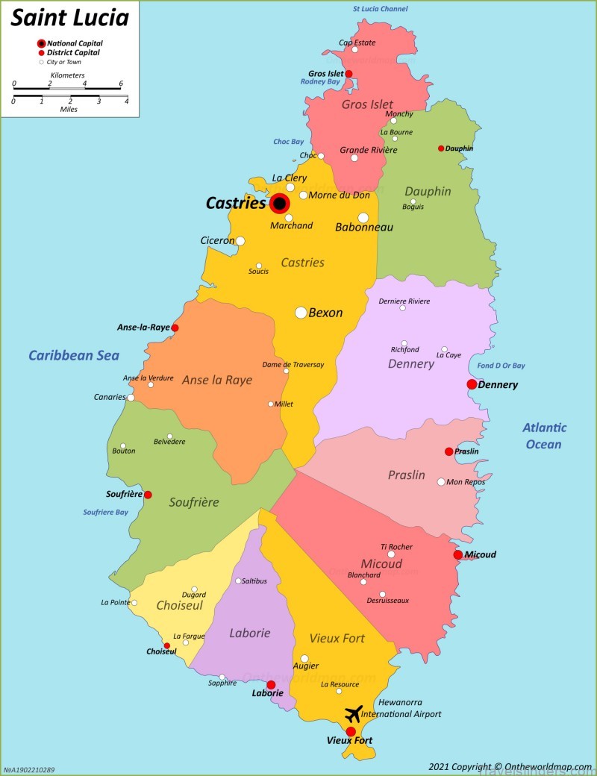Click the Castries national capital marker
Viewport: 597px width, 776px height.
coord(279,203)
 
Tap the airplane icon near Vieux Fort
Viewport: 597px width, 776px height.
coord(354,713)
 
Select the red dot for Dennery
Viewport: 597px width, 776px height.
coord(472,384)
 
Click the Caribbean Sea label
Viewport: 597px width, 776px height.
coord(74,355)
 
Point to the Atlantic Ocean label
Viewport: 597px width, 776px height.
coord(544,436)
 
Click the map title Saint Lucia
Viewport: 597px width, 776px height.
coord(69,17)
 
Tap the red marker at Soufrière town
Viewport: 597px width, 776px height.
coord(148,495)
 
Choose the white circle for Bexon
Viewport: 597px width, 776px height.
coord(301,313)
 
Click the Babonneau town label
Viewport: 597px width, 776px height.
coord(364,227)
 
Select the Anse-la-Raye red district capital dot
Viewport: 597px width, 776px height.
coord(175,328)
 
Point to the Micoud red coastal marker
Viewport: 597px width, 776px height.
coord(457,554)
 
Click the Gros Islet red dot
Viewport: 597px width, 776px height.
coord(348,74)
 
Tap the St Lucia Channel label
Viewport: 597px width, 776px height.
coord(381,9)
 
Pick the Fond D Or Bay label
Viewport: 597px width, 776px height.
coord(501,366)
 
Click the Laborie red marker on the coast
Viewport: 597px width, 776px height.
coord(271,685)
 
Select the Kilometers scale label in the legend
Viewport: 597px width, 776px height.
coord(67,75)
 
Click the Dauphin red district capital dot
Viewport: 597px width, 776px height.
coord(441,148)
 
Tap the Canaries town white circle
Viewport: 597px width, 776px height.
coord(131,398)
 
